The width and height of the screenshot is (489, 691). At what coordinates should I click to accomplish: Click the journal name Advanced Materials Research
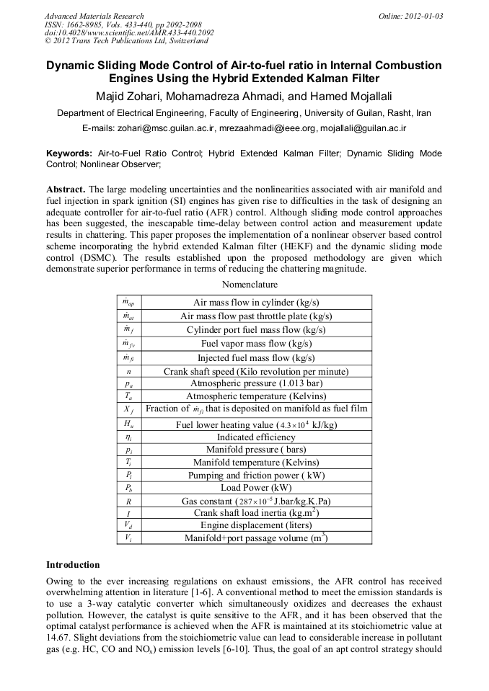point(94,16)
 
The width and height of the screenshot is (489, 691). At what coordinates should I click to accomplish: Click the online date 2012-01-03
point(410,16)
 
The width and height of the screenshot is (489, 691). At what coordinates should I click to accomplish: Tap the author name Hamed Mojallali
point(353,97)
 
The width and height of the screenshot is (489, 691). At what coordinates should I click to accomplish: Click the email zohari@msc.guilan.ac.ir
point(164,128)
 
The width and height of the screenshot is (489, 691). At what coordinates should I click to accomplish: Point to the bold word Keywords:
point(69,153)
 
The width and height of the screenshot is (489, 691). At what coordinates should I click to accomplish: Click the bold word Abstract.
point(65,190)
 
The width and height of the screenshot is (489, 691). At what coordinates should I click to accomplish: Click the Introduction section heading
point(73,564)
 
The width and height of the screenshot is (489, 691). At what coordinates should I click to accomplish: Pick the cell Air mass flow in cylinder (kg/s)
point(256,303)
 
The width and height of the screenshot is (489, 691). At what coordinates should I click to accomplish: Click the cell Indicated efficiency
point(256,437)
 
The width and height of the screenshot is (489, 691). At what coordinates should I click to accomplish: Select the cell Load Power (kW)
point(256,488)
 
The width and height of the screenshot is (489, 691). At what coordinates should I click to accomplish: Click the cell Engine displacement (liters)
point(256,525)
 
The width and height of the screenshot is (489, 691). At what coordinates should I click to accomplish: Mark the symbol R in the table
point(128,501)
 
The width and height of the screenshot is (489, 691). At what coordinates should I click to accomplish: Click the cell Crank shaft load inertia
point(256,513)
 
